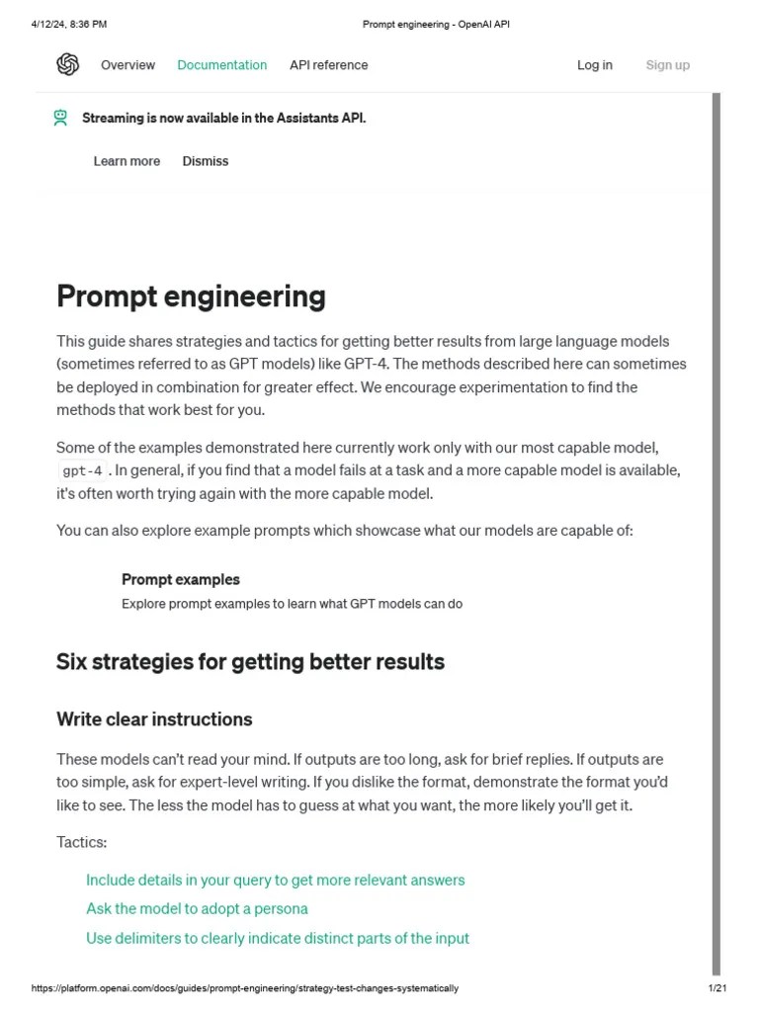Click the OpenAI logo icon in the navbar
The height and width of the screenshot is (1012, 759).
[x=67, y=65]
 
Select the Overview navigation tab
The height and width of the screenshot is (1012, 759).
[x=127, y=65]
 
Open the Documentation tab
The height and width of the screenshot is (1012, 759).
[x=221, y=65]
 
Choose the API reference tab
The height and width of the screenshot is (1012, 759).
[x=328, y=65]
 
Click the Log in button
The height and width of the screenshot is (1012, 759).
[x=594, y=65]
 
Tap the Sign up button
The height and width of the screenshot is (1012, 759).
[x=667, y=65]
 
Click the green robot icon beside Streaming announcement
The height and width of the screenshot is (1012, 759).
[x=61, y=118]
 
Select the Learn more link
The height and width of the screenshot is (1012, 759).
[x=126, y=161]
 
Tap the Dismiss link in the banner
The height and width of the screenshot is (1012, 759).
[x=205, y=161]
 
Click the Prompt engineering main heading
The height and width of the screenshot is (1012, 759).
[x=191, y=296]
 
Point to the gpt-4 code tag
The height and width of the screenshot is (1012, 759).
[x=82, y=471]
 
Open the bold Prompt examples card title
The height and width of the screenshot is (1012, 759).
[x=180, y=579]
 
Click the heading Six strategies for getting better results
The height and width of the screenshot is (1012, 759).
[x=250, y=662]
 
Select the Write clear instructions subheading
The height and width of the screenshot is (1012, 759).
[x=154, y=719]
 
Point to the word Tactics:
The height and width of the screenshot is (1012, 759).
[x=81, y=842]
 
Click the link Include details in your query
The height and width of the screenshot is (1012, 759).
[x=275, y=880]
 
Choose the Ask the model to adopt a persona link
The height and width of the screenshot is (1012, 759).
[x=197, y=908]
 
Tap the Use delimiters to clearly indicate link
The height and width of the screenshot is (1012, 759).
[x=277, y=938]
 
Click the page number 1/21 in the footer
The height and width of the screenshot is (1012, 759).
[x=717, y=988]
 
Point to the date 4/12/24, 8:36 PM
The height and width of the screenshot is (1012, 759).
[x=68, y=24]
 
